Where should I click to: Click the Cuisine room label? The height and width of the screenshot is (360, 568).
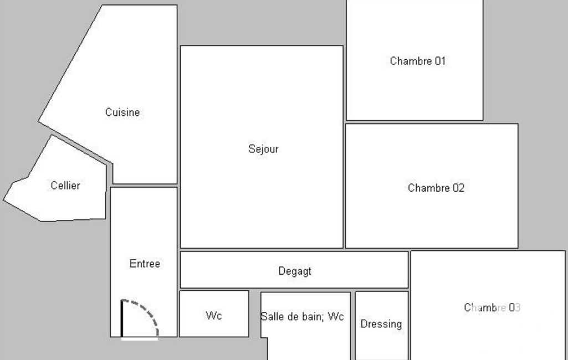(122, 112)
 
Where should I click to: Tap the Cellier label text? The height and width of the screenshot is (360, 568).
(65, 186)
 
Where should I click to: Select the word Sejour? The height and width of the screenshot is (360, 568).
(263, 149)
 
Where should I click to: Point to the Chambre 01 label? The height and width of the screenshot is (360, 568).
(418, 61)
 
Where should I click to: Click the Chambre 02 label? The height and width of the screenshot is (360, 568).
(436, 188)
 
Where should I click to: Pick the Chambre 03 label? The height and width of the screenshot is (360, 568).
(492, 307)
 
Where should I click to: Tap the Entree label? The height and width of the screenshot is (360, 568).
(145, 264)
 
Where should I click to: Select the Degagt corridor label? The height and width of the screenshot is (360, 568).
(295, 271)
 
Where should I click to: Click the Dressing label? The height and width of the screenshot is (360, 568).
(381, 324)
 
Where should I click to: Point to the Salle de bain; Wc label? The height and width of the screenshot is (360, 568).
(302, 317)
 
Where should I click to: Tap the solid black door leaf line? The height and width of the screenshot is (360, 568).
(122, 318)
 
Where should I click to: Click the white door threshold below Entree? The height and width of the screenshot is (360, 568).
(140, 339)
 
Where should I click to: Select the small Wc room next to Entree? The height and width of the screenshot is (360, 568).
(214, 313)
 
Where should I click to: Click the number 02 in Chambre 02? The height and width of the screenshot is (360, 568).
(459, 188)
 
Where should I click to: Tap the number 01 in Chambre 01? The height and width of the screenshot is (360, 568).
(440, 61)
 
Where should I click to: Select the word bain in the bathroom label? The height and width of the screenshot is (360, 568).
(314, 317)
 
